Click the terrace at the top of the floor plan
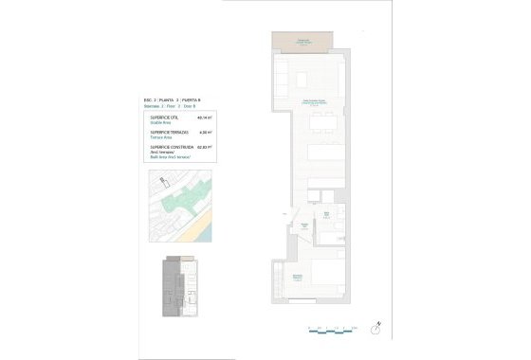299,42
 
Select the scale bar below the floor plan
332,329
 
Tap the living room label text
317,102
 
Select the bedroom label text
297,277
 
